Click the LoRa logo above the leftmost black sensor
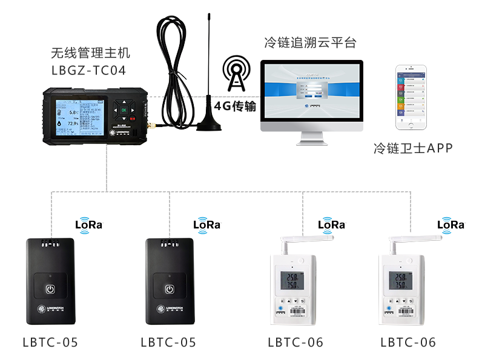[88, 224]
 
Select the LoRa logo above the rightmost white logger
[451, 224]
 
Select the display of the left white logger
[287, 280]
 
